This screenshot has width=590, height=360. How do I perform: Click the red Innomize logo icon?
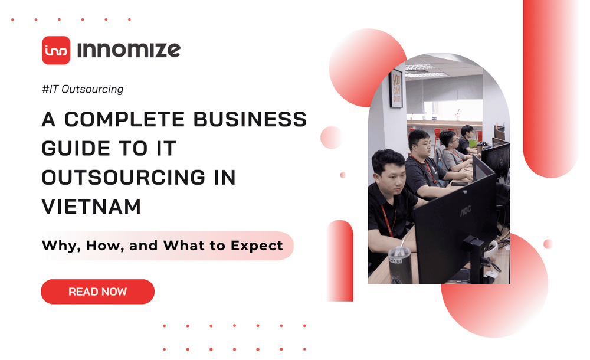tap(56, 50)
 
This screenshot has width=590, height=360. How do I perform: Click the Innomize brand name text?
tap(129, 50)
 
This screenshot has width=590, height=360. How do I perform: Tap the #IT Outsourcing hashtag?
tap(83, 90)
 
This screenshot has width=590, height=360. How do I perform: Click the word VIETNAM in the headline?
tap(91, 207)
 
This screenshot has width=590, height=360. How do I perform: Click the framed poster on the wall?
tap(396, 89)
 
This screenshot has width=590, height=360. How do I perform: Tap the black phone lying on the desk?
tap(459, 184)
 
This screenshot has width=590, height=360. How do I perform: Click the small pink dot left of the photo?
tap(343, 175)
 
